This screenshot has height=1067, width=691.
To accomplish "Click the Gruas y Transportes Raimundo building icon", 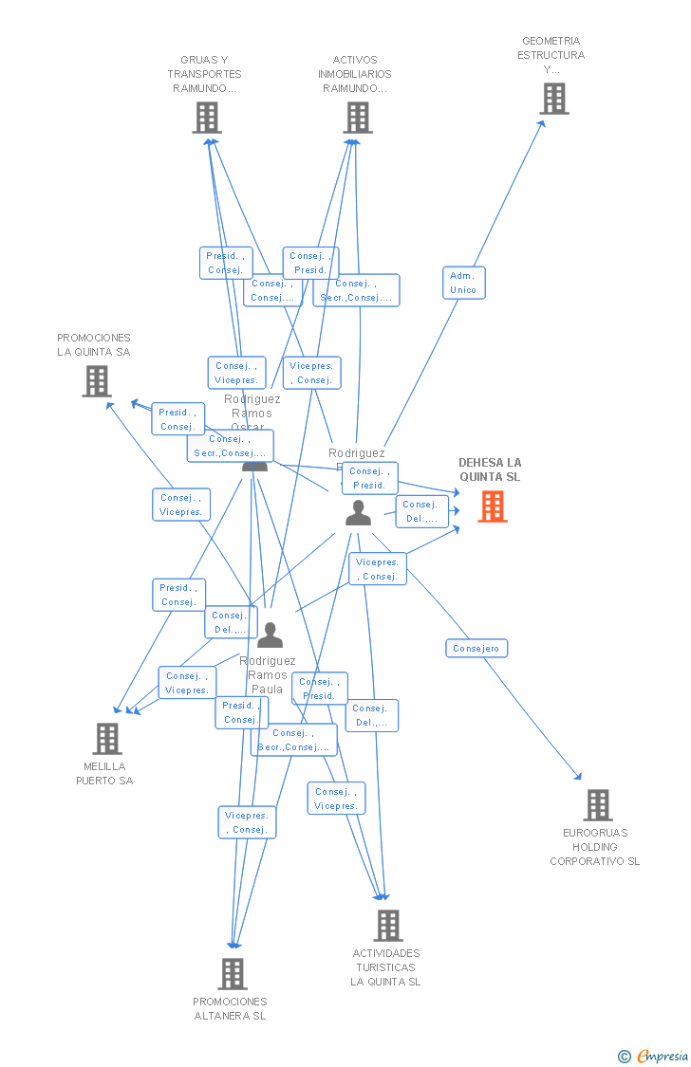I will (x=206, y=118).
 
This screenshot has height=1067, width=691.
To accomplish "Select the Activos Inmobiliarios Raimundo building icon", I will (x=357, y=118).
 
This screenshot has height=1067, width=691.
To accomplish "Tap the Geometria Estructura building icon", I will (x=553, y=98).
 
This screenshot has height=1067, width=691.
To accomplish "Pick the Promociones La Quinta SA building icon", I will (x=97, y=380).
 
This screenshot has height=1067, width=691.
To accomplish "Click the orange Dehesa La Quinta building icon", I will (x=492, y=506).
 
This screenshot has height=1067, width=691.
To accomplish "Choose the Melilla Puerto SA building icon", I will (x=107, y=738).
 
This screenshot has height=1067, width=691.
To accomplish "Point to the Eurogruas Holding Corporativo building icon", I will (x=597, y=804).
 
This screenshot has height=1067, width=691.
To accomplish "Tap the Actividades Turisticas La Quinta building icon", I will (x=387, y=925).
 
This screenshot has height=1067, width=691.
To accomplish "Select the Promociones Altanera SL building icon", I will (x=232, y=973).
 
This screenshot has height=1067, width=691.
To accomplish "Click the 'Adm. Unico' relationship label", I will (x=463, y=283).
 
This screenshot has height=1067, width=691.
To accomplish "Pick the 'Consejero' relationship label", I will (x=476, y=649).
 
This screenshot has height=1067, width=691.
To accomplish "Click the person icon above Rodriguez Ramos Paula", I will (x=270, y=635).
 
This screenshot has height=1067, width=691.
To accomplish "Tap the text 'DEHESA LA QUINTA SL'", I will (x=490, y=469).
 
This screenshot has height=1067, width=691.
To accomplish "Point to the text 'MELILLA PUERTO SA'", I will (x=104, y=774).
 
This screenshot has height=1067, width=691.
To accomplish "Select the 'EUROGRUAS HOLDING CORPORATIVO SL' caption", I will (x=595, y=847).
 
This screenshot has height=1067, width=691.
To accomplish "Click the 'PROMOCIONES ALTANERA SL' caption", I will (x=230, y=1009).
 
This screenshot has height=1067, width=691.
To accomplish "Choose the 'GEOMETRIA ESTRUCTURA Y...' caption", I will (x=551, y=55).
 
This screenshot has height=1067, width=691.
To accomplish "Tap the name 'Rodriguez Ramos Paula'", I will (x=268, y=675).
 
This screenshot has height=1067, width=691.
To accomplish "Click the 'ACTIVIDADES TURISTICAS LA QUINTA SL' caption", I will (x=386, y=967).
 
